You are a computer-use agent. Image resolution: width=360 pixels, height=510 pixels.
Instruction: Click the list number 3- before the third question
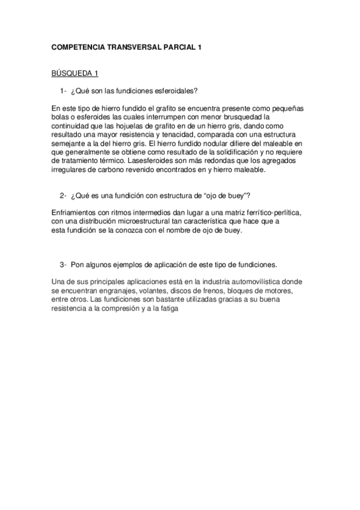[x=63, y=265]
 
